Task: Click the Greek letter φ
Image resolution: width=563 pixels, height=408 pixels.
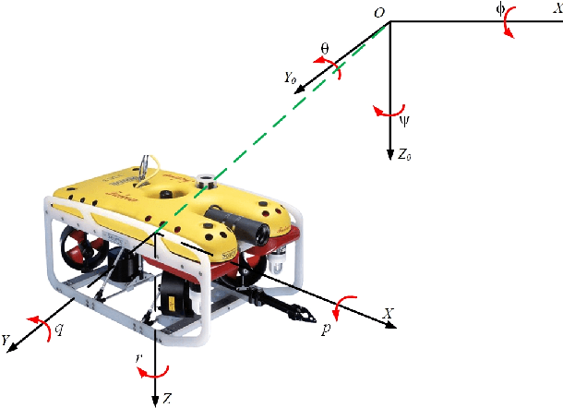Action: pyautogui.click(x=500, y=9)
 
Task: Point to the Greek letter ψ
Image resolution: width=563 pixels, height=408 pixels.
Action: pyautogui.click(x=403, y=118)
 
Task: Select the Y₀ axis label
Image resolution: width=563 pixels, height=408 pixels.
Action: pyautogui.click(x=293, y=78)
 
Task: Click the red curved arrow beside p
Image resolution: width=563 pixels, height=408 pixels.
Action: pyautogui.click(x=344, y=307)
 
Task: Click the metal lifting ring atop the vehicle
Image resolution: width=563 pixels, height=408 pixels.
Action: pyautogui.click(x=145, y=166)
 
